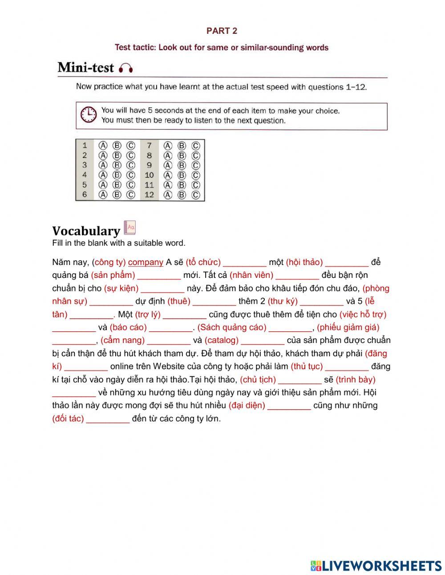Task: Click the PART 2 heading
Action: pyautogui.click(x=222, y=31)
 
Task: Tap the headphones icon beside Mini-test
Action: pyautogui.click(x=126, y=68)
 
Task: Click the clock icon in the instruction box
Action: pyautogui.click(x=89, y=114)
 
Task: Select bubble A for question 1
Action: pyautogui.click(x=103, y=145)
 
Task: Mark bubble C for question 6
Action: pyautogui.click(x=130, y=194)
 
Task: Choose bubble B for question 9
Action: pyautogui.click(x=182, y=165)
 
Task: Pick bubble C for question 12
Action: pyautogui.click(x=195, y=194)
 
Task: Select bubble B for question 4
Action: pyautogui.click(x=117, y=175)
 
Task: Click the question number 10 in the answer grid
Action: pyautogui.click(x=149, y=175)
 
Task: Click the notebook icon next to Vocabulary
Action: pyautogui.click(x=129, y=228)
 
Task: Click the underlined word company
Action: pyautogui.click(x=146, y=262)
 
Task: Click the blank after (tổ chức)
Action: pyautogui.click(x=244, y=262)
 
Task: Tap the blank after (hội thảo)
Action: pyautogui.click(x=347, y=262)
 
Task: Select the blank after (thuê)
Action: pyautogui.click(x=214, y=301)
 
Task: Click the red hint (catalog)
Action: pyautogui.click(x=222, y=340)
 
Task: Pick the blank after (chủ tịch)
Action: pyautogui.click(x=299, y=379)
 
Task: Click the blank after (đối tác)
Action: pyautogui.click(x=108, y=419)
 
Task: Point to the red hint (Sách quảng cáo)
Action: pyautogui.click(x=232, y=327)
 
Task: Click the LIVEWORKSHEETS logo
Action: pyautogui.click(x=376, y=566)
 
